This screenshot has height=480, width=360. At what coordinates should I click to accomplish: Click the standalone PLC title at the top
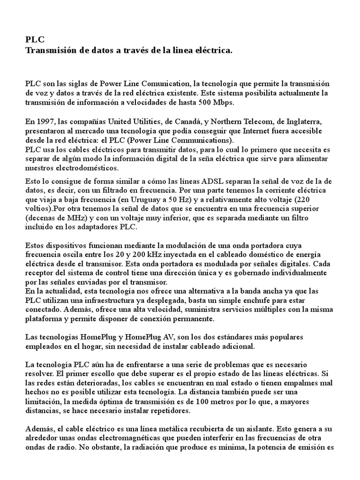(x=35, y=40)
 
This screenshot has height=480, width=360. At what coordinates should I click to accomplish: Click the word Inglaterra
(x=313, y=122)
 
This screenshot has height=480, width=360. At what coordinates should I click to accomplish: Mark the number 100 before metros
(x=221, y=401)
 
